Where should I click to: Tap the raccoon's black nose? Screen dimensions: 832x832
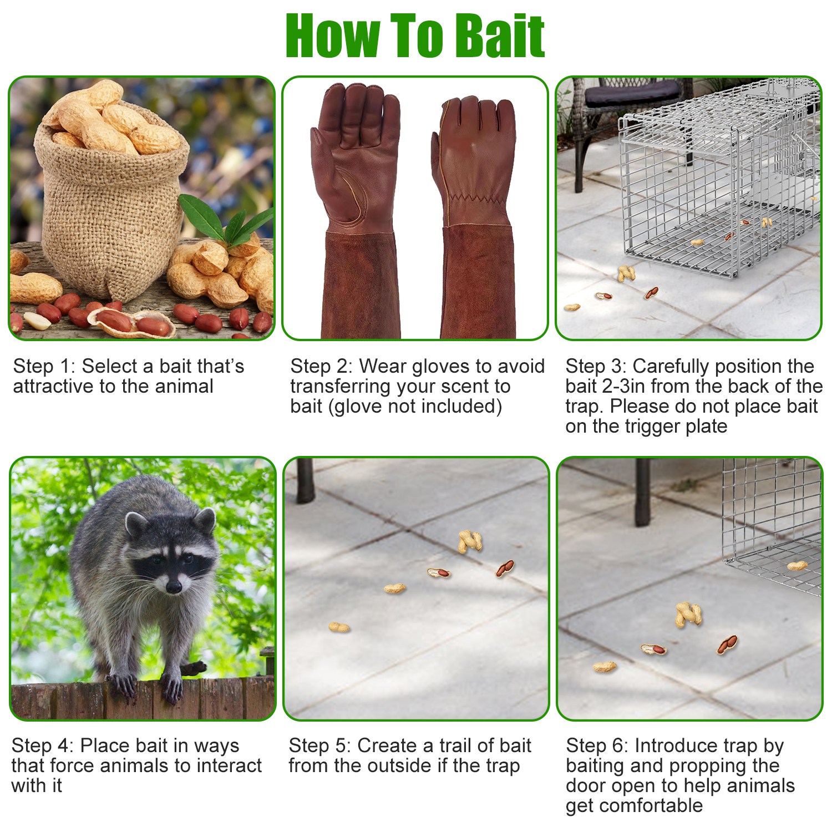point(174,586)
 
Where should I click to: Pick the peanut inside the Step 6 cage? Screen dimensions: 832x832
point(797,566)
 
